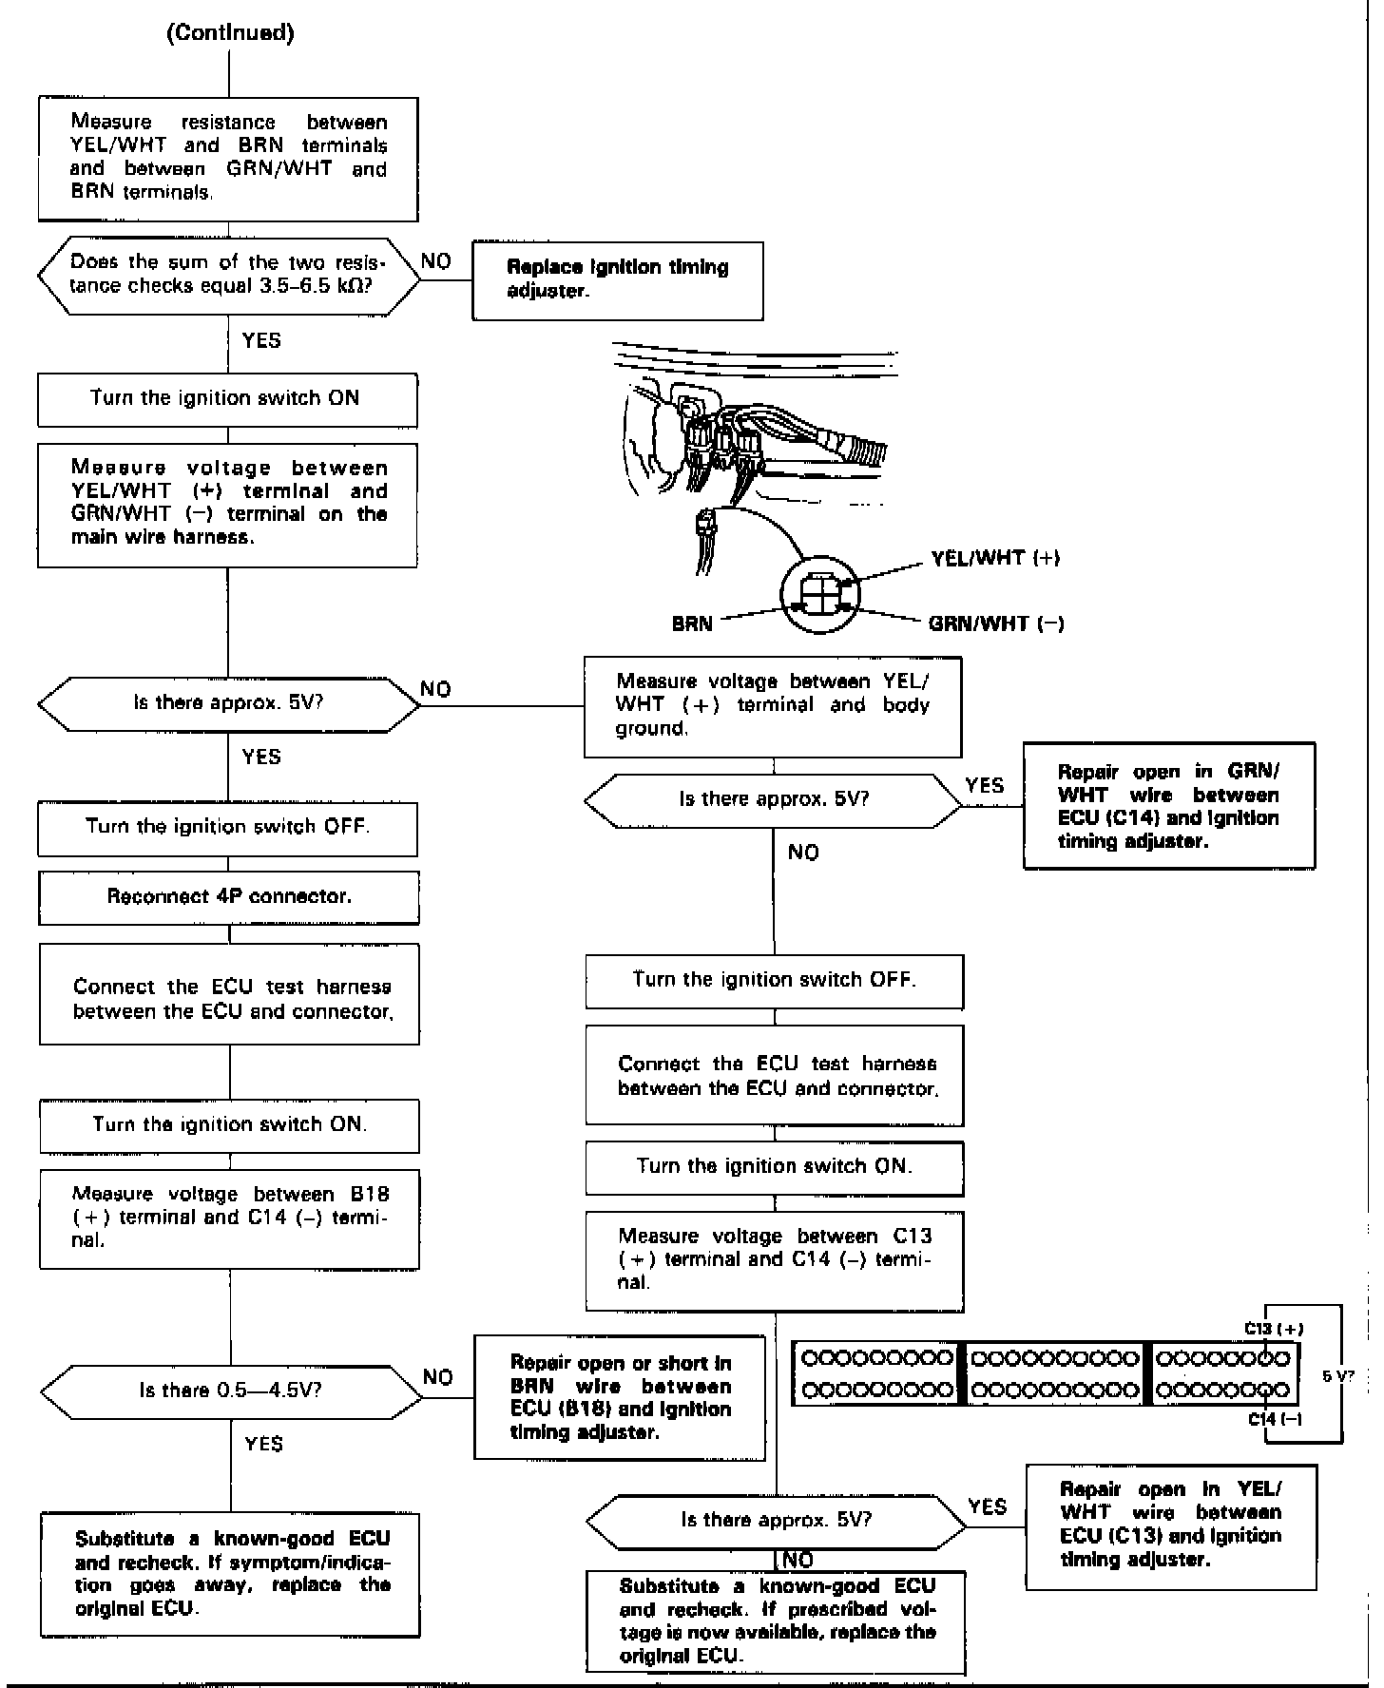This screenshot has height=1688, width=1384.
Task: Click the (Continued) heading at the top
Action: click(230, 33)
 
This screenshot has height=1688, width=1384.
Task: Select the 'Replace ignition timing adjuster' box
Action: click(618, 280)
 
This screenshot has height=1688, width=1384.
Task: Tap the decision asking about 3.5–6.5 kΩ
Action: click(228, 274)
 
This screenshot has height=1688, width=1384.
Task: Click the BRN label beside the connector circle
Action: click(692, 624)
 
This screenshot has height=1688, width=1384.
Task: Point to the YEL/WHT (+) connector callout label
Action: click(995, 558)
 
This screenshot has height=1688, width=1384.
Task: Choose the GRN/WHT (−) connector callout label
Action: click(996, 623)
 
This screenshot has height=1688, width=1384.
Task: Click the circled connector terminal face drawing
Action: click(820, 597)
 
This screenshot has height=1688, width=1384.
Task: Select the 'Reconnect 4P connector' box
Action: click(229, 896)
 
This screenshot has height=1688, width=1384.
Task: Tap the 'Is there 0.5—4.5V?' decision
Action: click(231, 1391)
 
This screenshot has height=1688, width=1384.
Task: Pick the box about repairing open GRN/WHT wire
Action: click(1169, 806)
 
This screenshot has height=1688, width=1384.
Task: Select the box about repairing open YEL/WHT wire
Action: click(1171, 1527)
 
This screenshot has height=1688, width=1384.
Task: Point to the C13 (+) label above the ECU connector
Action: click(1274, 1329)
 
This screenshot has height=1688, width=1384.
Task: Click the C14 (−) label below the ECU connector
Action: click(1275, 1419)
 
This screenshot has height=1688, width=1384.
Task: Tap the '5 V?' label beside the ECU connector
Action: click(1339, 1374)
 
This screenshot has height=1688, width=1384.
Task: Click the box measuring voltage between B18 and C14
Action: click(230, 1218)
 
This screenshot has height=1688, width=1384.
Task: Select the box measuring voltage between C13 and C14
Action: click(775, 1259)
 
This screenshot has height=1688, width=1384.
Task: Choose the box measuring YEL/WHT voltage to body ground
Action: click(773, 706)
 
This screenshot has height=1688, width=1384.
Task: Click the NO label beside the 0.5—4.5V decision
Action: click(438, 1377)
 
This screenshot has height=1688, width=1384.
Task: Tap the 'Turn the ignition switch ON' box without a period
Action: click(227, 399)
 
